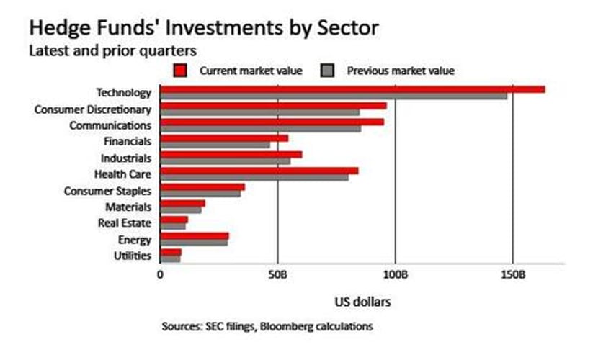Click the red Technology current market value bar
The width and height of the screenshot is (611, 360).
tap(352, 89)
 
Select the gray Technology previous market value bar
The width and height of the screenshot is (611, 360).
tap(333, 96)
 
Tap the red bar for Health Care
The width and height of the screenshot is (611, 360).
tap(259, 171)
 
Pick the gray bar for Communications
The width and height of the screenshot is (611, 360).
tap(260, 128)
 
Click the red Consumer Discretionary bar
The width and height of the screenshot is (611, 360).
tap(273, 106)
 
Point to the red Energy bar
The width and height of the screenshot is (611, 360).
tap(194, 235)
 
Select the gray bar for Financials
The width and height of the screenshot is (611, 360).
tap(215, 144)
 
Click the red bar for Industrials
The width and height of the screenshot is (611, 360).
tap(231, 154)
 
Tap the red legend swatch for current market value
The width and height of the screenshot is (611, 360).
tap(181, 71)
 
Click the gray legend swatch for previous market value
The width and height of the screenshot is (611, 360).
tap(329, 71)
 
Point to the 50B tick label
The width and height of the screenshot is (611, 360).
tap(278, 274)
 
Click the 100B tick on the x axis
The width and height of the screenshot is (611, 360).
tap(396, 274)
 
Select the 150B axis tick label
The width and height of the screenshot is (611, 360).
tap(513, 274)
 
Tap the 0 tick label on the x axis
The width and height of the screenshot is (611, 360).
tap(160, 274)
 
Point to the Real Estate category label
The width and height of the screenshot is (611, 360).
tap(124, 223)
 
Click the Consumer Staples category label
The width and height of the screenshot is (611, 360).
tap(107, 191)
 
